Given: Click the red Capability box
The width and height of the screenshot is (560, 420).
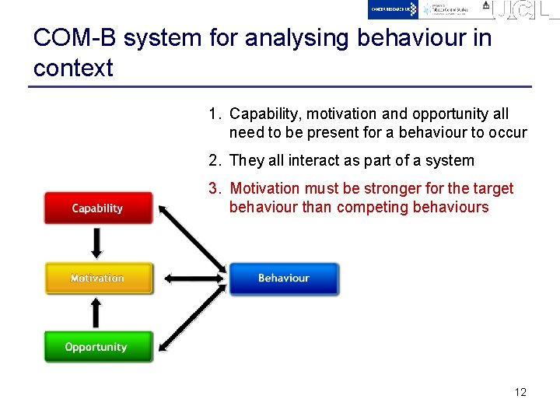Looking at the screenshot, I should point(97,208).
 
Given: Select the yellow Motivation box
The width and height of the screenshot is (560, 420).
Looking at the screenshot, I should point(97,278).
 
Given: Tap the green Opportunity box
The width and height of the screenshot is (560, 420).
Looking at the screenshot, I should point(96,347).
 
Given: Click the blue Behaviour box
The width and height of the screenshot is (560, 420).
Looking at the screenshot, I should point(283,278).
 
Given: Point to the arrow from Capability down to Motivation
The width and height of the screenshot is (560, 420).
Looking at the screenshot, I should point(96,243).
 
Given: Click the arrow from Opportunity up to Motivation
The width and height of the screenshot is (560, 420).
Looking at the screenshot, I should point(96,313).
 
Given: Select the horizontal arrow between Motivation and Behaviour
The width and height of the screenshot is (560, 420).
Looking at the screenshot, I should point(190,278).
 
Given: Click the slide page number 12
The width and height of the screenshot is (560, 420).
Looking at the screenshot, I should point(520,392).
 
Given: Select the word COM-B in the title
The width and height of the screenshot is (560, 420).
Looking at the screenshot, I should point(75,38).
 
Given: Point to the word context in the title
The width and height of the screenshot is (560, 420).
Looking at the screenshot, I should point(73,68).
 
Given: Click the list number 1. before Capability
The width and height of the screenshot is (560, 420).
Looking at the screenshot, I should point(215,114).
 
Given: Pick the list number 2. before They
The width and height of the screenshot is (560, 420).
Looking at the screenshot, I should point(215,161).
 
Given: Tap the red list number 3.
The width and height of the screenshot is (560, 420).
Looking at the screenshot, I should point(215,189).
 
